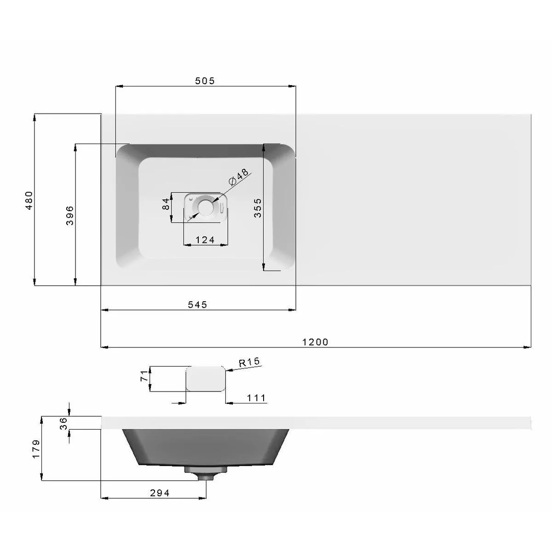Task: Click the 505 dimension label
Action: click(205, 81)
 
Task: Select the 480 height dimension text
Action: click(29, 200)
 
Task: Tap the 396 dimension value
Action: click(69, 215)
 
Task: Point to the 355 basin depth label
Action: click(258, 207)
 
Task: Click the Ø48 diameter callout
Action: click(238, 177)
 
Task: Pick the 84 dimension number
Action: click(166, 203)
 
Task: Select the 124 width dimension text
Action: click(205, 240)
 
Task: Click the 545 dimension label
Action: click(198, 305)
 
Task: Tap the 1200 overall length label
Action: click(316, 342)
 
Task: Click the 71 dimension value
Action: click(144, 375)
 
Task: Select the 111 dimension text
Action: click(256, 398)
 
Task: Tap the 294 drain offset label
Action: click(160, 493)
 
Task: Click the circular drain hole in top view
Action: click(205, 207)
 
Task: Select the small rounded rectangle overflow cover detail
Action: click(206, 379)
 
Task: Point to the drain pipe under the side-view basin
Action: click(205, 474)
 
